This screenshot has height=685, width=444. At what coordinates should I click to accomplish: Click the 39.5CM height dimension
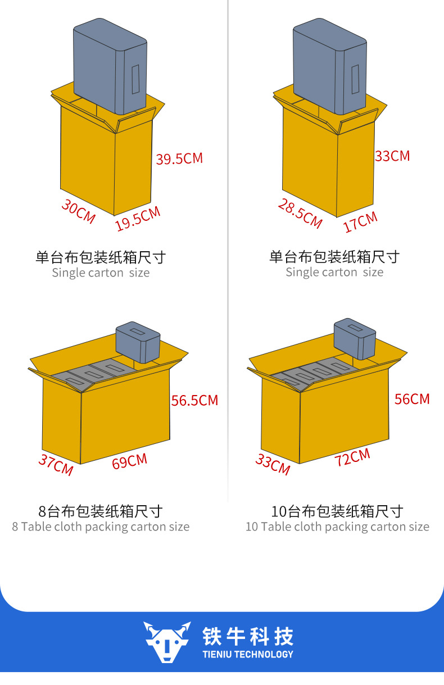(x=179, y=158)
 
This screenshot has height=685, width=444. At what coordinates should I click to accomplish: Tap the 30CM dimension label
(x=78, y=211)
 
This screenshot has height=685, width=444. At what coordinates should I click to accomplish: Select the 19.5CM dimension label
(x=138, y=219)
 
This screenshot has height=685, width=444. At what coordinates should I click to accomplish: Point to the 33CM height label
(x=392, y=156)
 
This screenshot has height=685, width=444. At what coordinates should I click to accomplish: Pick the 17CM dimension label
(x=360, y=222)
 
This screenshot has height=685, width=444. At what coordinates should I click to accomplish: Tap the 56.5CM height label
(x=194, y=401)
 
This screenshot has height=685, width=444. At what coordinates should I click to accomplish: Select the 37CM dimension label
(x=56, y=464)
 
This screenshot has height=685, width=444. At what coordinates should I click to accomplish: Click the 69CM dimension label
(x=129, y=462)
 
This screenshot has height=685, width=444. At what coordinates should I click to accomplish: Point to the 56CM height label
(x=411, y=399)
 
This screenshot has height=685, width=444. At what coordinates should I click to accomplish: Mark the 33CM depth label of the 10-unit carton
(x=273, y=464)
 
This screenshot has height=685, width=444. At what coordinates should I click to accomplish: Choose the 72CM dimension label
(x=352, y=457)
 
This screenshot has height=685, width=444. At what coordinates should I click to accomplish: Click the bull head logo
(x=166, y=641)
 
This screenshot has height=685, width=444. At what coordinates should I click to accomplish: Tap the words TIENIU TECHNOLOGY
(x=248, y=654)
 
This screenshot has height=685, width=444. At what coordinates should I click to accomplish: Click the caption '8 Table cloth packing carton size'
(x=101, y=527)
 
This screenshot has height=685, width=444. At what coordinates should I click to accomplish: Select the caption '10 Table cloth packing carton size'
(x=337, y=527)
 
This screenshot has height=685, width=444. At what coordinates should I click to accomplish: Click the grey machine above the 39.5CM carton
(x=110, y=66)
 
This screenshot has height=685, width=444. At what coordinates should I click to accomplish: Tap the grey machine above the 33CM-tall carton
(x=329, y=66)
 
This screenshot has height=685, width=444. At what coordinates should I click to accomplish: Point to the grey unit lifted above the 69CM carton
(x=138, y=343)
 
